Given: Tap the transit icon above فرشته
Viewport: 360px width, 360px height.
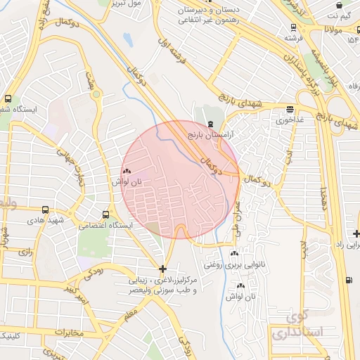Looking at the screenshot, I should pos(293,28).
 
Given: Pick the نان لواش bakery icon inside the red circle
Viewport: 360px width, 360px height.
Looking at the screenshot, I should pos(127,171).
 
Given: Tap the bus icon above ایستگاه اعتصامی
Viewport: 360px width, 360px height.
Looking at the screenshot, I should pos(105,214).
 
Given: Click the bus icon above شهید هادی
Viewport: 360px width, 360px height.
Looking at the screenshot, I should pos(46,210).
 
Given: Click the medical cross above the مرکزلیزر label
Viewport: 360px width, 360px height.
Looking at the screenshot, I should pos(163,269).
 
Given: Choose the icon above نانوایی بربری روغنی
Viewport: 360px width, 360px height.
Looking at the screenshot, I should pos(234,253).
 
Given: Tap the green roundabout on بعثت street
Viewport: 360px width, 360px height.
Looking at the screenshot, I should pos(96,94).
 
